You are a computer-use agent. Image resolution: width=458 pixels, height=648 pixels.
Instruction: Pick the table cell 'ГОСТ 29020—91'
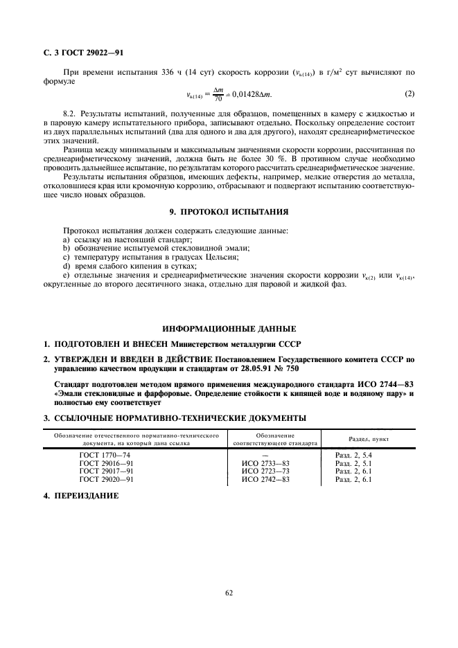coord(106,479)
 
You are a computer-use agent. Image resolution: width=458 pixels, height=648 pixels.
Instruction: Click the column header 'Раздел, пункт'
coord(368,439)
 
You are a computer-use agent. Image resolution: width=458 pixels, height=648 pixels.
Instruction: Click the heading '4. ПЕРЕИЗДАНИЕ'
coord(82,496)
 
